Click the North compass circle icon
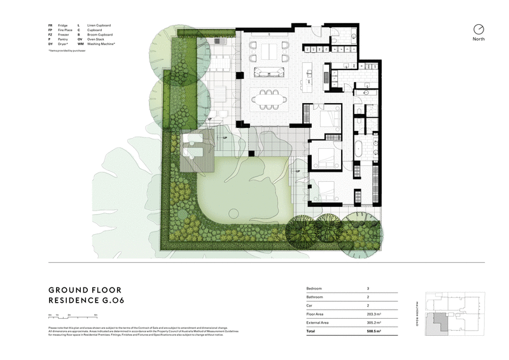point(478,29)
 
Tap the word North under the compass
point(478,39)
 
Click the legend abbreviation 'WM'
point(80,44)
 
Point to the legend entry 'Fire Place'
point(64,30)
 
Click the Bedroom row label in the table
point(316,288)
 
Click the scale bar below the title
point(66,316)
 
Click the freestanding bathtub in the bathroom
point(359,150)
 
